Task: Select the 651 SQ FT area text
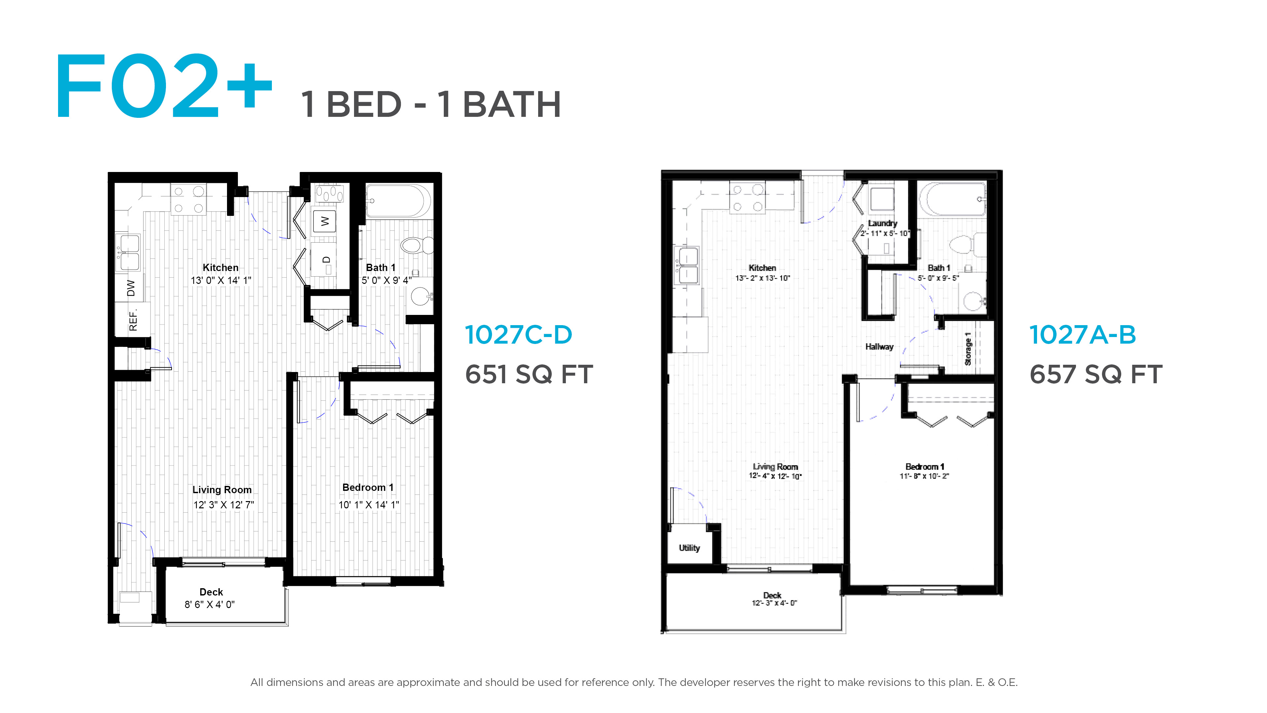[529, 374]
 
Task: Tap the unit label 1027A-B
[1083, 335]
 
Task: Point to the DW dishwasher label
[131, 288]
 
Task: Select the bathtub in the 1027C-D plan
[398, 201]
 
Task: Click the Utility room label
[689, 548]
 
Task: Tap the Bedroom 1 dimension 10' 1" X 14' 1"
[369, 504]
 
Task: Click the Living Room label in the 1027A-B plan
[775, 466]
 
